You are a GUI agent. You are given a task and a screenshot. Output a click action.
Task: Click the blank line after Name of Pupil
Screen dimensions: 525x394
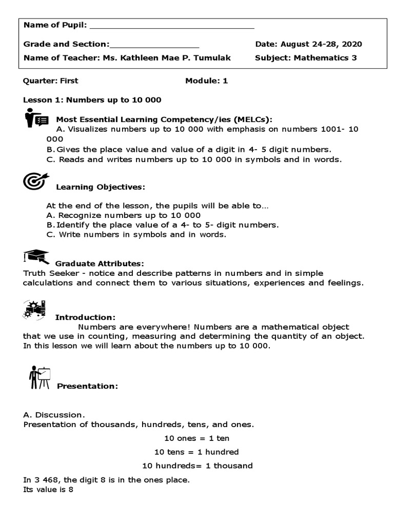(x=172, y=26)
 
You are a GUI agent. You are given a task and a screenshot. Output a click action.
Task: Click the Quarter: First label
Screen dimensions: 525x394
(x=51, y=81)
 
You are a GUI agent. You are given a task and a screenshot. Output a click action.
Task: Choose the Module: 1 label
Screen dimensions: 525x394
(x=206, y=81)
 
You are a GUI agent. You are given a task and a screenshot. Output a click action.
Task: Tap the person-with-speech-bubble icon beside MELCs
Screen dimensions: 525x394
(x=36, y=118)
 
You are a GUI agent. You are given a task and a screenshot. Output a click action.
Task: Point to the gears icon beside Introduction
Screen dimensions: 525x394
(x=34, y=309)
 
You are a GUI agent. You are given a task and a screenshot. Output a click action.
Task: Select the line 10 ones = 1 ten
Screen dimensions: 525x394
(x=197, y=438)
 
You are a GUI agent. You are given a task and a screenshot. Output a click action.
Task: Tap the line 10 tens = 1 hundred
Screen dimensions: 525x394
(x=197, y=452)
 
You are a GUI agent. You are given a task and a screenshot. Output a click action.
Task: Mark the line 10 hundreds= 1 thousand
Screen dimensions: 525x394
(x=197, y=466)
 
